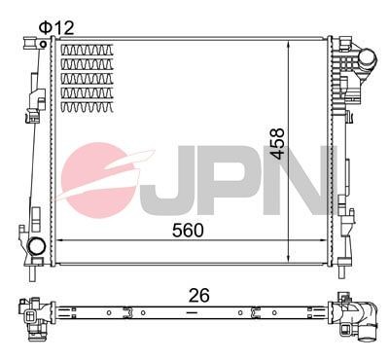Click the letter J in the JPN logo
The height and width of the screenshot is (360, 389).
point(181,181)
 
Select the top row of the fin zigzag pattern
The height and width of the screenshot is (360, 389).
point(88,50)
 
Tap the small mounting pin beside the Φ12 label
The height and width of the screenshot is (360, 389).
point(45,41)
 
